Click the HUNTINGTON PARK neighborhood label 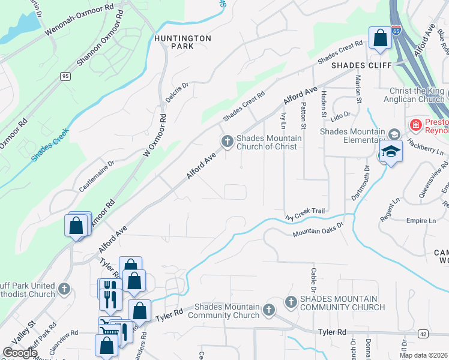pos(182,42)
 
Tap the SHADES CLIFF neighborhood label pos(361,65)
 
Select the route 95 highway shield pos(65,76)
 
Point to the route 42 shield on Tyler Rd pos(423,334)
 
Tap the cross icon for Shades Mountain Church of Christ pos(227,141)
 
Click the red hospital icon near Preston pos(415,125)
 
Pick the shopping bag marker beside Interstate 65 pos(380,38)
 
